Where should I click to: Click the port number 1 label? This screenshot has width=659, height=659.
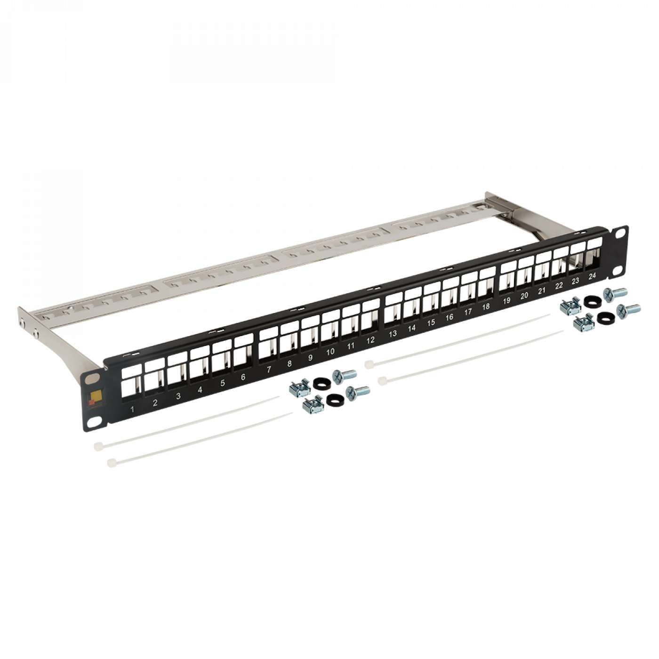(x=132, y=409)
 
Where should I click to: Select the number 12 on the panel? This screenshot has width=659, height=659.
(x=370, y=340)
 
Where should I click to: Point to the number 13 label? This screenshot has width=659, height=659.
(x=393, y=333)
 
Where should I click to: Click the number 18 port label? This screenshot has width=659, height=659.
(x=486, y=307)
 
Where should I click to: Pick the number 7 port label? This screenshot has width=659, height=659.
(x=269, y=370)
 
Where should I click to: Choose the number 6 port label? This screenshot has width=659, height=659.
(x=243, y=377)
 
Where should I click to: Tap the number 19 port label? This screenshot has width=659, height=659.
(x=506, y=301)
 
